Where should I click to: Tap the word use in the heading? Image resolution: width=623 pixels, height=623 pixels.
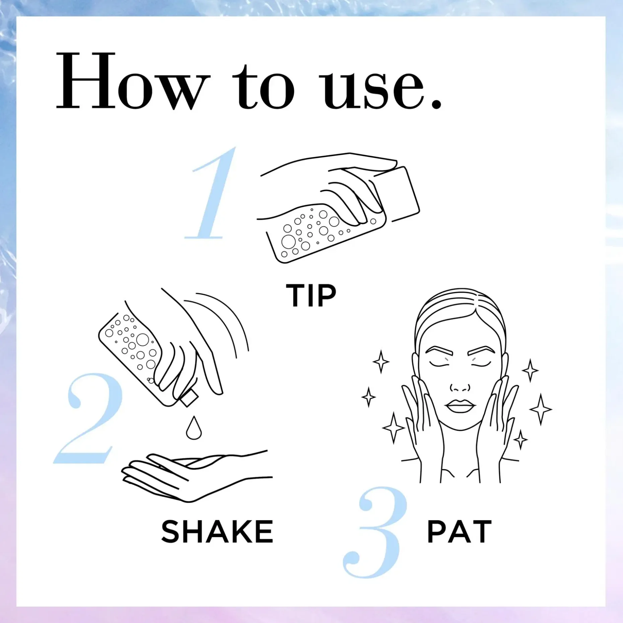click(x=371, y=88)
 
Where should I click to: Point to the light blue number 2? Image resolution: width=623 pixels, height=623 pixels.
click(x=88, y=418)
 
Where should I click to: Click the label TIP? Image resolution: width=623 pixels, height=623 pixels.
click(x=311, y=295)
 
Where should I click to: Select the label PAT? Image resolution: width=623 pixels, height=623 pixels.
click(x=460, y=532)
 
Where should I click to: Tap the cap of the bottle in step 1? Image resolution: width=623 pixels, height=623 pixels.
click(x=397, y=194)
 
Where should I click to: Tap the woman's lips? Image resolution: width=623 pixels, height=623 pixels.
click(x=461, y=406)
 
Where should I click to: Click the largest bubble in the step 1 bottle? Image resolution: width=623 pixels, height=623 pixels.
click(x=288, y=241)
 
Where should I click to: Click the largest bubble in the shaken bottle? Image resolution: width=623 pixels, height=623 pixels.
click(x=142, y=340)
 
